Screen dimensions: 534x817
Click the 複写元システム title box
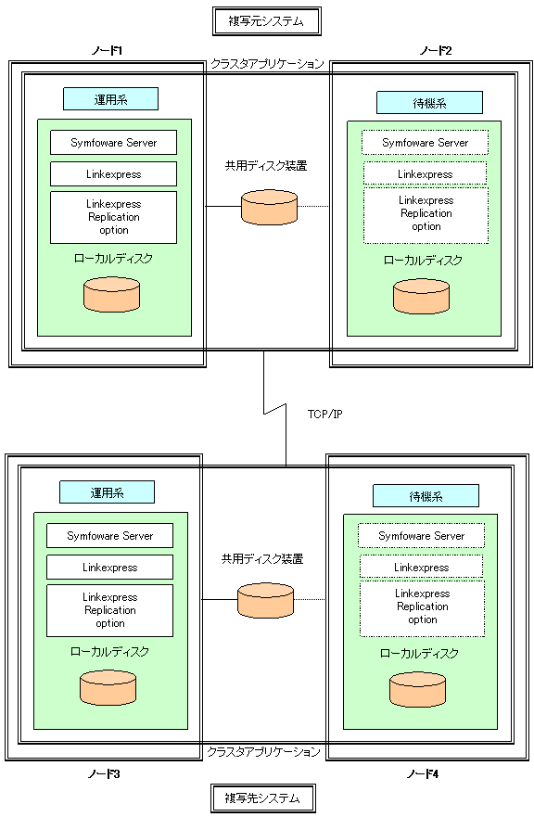tap(266, 21)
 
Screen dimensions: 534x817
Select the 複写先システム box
tap(262, 798)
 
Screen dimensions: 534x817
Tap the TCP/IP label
tap(325, 415)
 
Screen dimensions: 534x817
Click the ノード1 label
tap(107, 51)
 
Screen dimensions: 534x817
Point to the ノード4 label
tap(423, 774)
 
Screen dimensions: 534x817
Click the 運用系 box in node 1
tap(110, 99)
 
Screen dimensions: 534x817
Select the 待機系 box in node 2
tap(429, 103)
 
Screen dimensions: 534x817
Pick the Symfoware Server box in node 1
tap(114, 142)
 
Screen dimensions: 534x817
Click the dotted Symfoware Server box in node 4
tap(422, 536)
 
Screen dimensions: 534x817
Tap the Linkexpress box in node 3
tap(110, 567)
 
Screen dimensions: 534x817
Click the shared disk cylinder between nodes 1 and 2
tap(270, 207)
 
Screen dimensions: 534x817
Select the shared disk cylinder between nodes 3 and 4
tap(266, 600)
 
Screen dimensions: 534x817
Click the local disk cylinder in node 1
tap(112, 294)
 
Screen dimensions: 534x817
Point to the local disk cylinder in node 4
tap(418, 690)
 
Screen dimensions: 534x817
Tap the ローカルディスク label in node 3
tap(109, 651)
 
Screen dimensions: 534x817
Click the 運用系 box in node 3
tap(107, 491)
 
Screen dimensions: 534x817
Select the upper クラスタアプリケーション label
tap(267, 64)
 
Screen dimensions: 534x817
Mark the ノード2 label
tap(436, 51)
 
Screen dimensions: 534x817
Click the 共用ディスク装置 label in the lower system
tap(262, 559)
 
